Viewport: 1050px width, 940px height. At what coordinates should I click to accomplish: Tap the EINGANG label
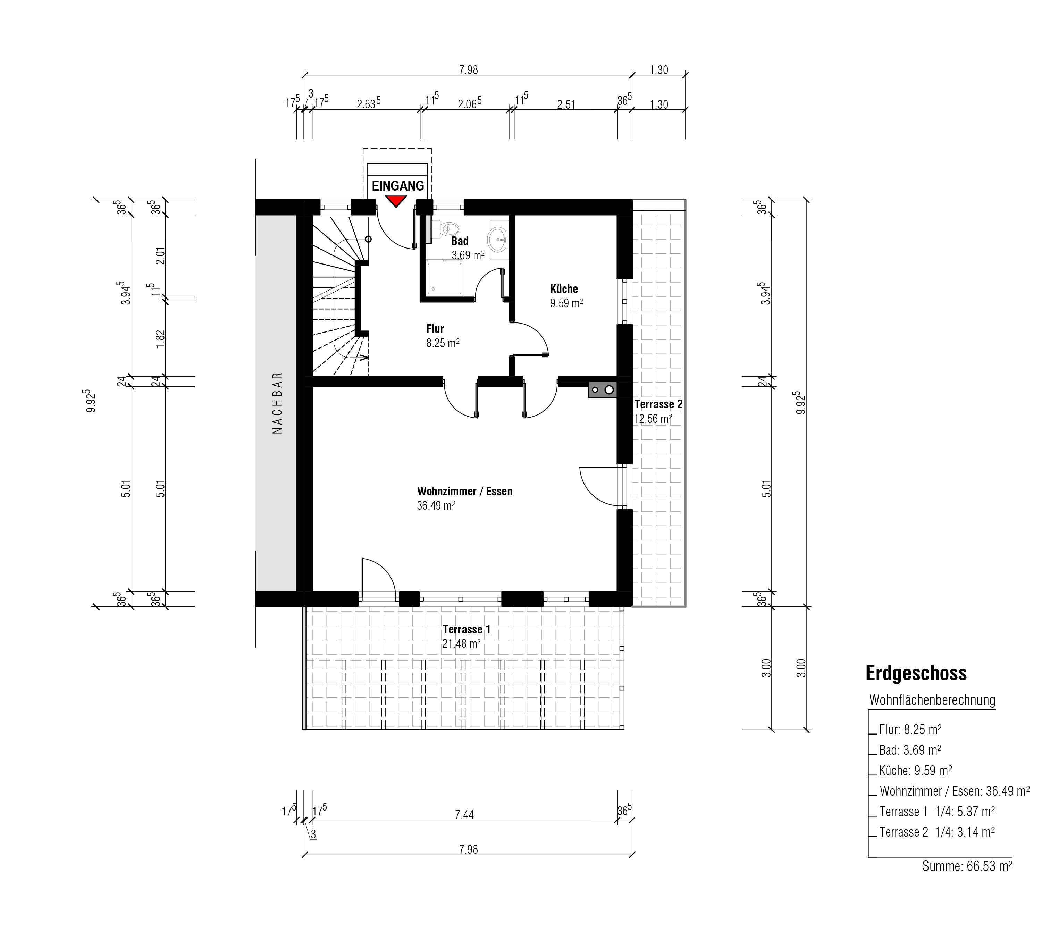point(398,186)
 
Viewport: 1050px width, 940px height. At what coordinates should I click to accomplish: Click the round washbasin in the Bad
point(497,238)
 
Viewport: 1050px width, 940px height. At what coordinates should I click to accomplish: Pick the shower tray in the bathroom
point(444,277)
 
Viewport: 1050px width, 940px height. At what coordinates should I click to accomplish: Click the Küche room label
point(564,289)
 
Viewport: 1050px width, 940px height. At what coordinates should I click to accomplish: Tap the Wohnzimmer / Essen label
point(465,491)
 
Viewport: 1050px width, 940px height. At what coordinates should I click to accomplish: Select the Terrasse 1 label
point(467,630)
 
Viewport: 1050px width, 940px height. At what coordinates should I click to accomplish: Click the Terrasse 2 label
point(658,404)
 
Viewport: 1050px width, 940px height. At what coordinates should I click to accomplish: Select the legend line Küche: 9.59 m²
point(915,771)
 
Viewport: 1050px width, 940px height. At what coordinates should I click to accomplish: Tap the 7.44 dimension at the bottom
point(464,814)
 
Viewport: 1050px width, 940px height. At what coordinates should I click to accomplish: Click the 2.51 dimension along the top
point(566,104)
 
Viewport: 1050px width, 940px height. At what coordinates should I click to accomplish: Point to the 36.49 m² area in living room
point(436,506)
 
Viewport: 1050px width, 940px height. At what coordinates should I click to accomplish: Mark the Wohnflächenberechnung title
point(932,700)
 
